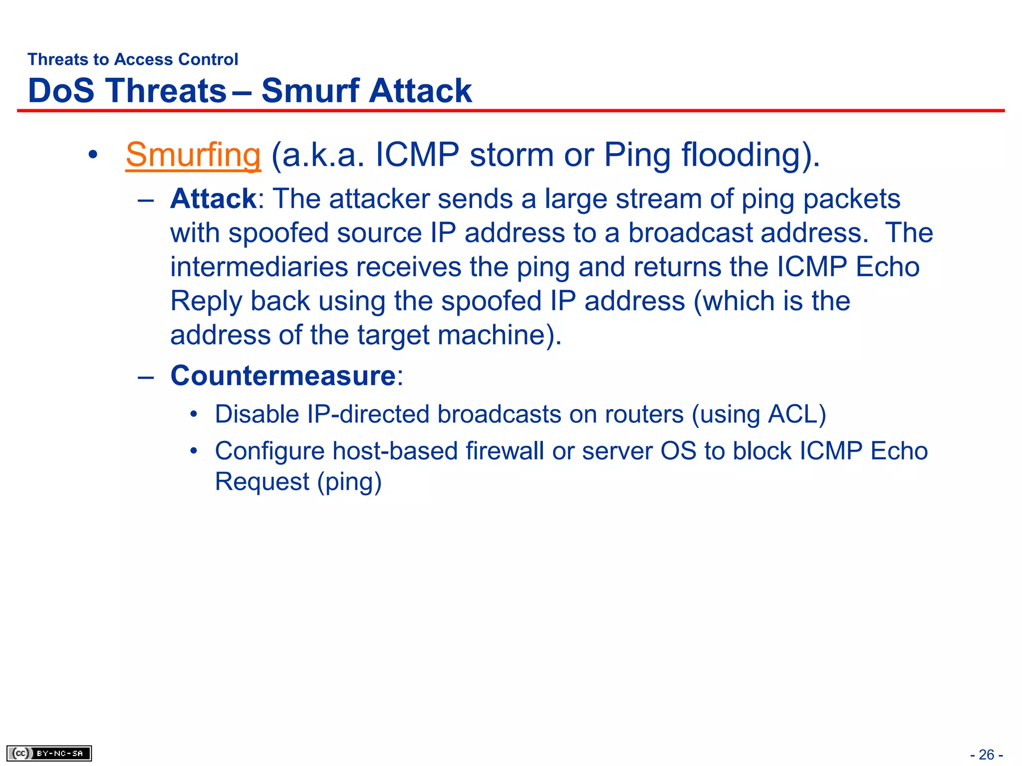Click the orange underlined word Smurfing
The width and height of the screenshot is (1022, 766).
pos(193,155)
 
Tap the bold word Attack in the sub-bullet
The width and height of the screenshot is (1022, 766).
pos(213,199)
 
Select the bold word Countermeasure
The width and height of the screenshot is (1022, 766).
pos(283,376)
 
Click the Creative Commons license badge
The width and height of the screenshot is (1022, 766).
pos(49,753)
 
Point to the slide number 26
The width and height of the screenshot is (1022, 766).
pos(986,755)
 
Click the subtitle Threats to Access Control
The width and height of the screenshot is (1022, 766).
pos(133,59)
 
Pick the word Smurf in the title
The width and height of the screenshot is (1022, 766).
pos(310,91)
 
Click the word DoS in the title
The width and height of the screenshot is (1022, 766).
pos(61,91)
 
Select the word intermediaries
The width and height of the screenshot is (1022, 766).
pos(258,267)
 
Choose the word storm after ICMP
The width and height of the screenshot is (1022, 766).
pos(511,155)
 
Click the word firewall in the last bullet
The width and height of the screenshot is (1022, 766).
pos(505,451)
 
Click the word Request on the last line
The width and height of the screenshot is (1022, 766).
pos(262,482)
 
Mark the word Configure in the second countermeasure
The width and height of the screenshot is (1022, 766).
pos(269,451)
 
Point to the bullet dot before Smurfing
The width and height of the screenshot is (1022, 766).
pos(92,155)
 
